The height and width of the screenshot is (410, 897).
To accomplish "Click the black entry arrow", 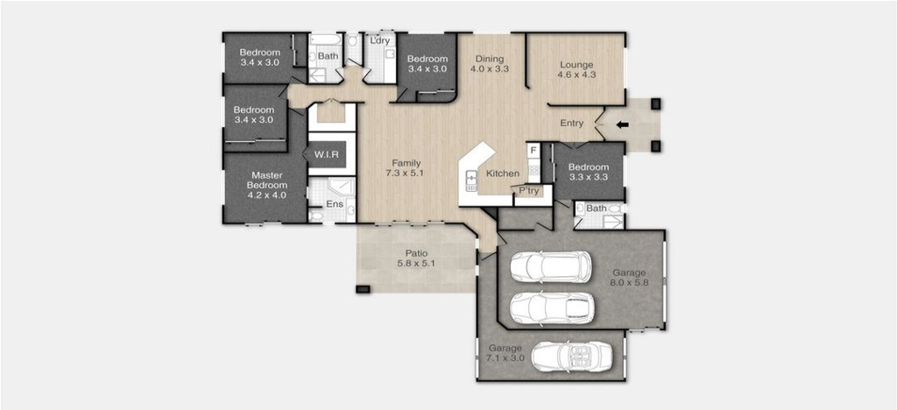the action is pyautogui.click(x=623, y=124).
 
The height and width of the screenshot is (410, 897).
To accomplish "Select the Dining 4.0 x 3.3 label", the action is pyautogui.click(x=489, y=63).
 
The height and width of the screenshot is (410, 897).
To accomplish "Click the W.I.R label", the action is pyautogui.click(x=327, y=154).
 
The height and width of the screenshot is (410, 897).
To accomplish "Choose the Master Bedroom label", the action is pyautogui.click(x=266, y=185).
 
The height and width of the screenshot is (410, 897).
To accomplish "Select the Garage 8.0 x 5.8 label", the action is pyautogui.click(x=629, y=278).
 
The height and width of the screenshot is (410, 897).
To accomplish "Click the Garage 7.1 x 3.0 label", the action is pyautogui.click(x=505, y=353).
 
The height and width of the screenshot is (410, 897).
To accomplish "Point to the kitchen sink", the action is pyautogui.click(x=471, y=180).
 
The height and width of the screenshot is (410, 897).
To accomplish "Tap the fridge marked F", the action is pyautogui.click(x=533, y=151).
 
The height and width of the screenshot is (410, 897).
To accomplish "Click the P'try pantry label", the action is pyautogui.click(x=529, y=191).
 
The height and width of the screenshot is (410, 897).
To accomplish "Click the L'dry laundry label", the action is pyautogui.click(x=380, y=40).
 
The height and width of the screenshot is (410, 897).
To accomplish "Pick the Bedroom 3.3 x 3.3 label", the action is pyautogui.click(x=588, y=172).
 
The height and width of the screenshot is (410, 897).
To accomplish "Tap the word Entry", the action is pyautogui.click(x=571, y=123).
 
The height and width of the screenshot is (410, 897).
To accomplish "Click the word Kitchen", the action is pyautogui.click(x=503, y=173).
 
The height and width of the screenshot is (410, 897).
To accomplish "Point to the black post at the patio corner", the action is pyautogui.click(x=363, y=289).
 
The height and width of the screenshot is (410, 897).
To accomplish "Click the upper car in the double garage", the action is pyautogui.click(x=550, y=266).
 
